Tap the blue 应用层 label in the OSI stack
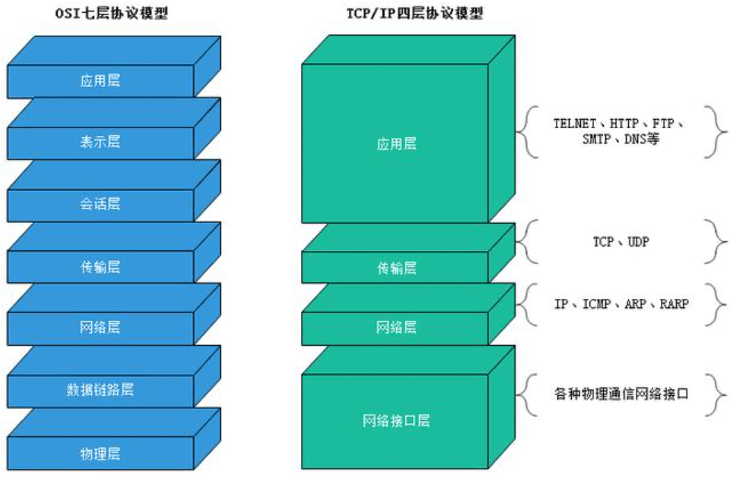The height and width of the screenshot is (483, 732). pyautogui.click(x=100, y=81)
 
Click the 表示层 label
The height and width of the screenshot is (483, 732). pyautogui.click(x=100, y=142)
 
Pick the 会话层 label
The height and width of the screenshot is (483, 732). pyautogui.click(x=100, y=204)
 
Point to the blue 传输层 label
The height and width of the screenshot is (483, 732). pyautogui.click(x=100, y=266)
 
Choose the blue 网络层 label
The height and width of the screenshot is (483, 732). pyautogui.click(x=100, y=328)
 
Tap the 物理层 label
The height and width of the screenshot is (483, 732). pyautogui.click(x=100, y=454)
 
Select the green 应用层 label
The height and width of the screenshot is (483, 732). pyautogui.click(x=396, y=144)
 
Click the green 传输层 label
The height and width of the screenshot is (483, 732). pyautogui.click(x=396, y=268)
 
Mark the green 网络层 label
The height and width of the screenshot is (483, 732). pyautogui.click(x=396, y=328)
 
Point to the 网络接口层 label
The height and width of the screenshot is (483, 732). pyautogui.click(x=396, y=421)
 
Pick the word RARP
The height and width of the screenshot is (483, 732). pyautogui.click(x=673, y=304)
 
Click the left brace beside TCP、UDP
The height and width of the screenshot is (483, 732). pyautogui.click(x=527, y=241)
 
